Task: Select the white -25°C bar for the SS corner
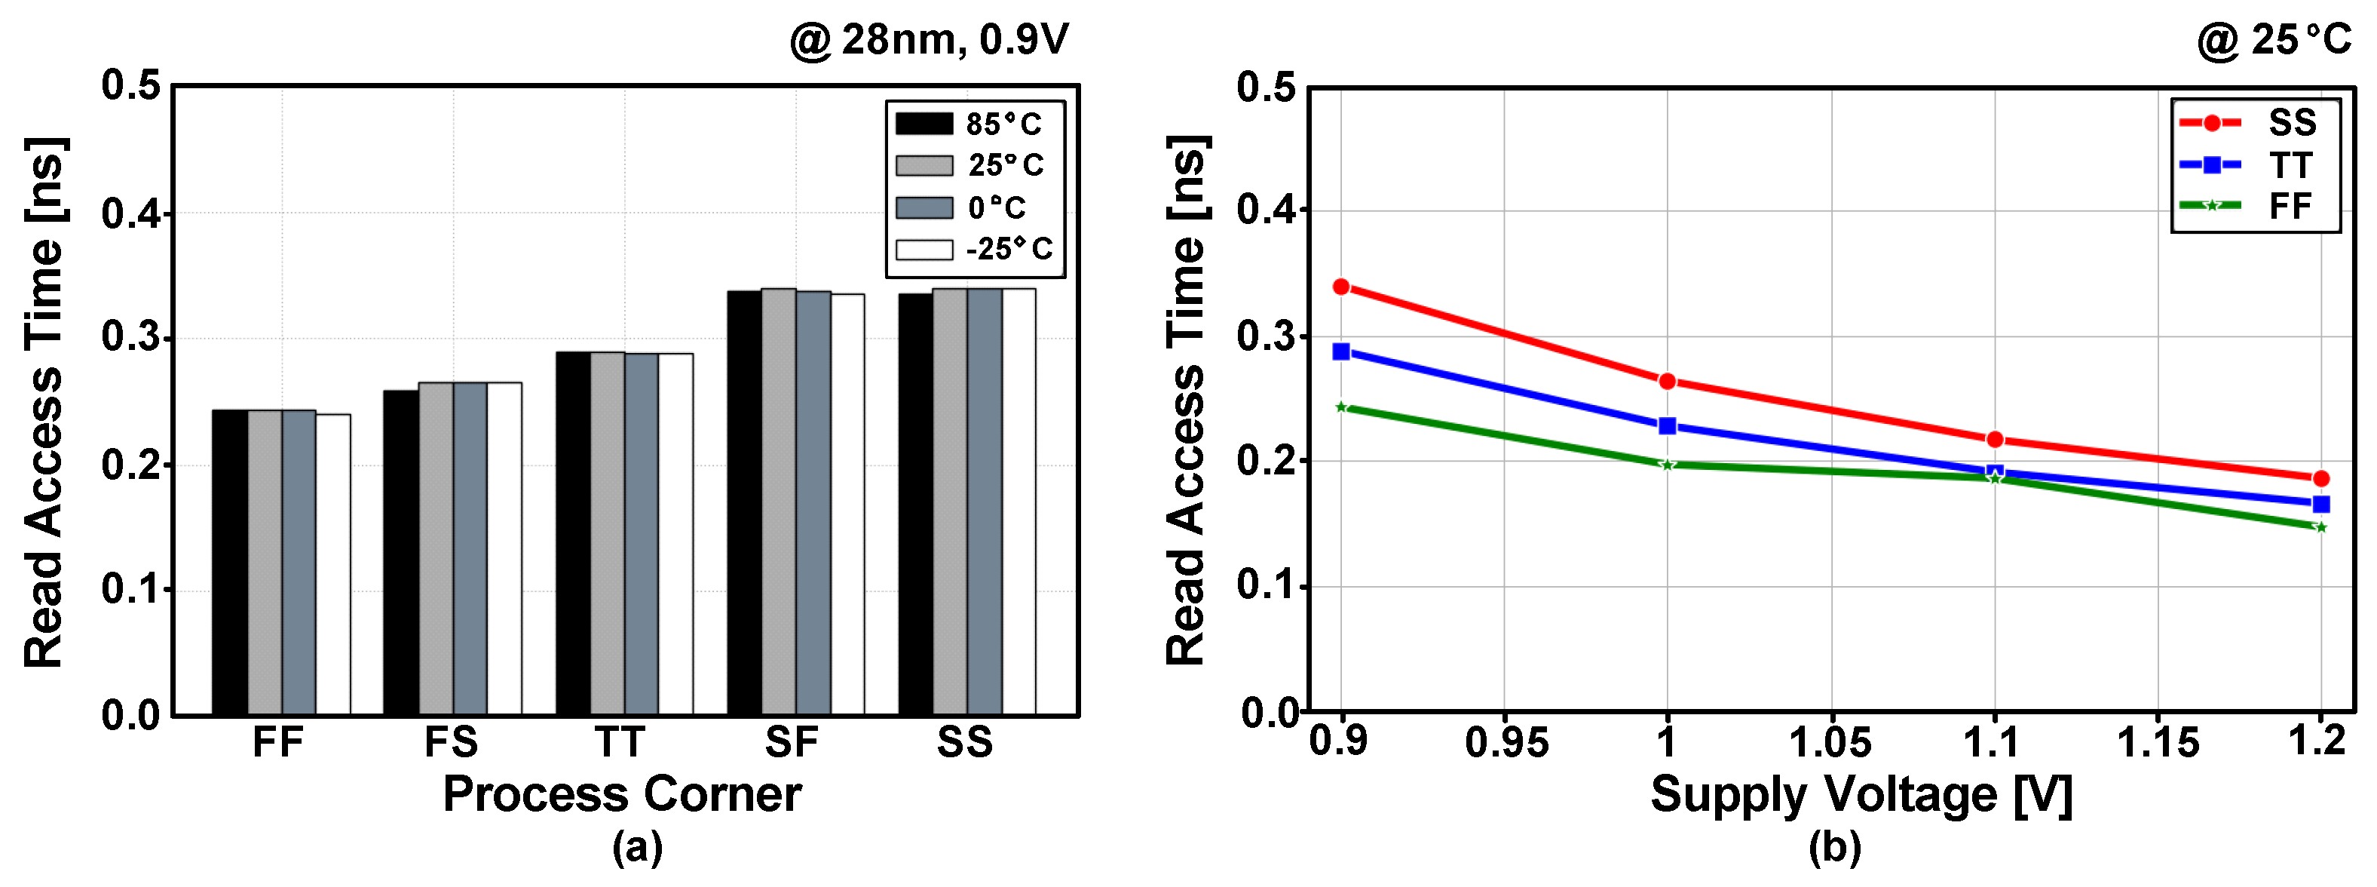point(1018,502)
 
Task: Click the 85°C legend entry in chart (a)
point(969,124)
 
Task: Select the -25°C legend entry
point(973,249)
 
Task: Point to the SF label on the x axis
point(792,743)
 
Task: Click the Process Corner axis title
point(622,793)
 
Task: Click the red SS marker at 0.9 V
point(1340,287)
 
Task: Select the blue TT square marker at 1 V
point(1668,426)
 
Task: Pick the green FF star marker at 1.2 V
point(2320,527)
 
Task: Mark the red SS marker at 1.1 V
point(1995,439)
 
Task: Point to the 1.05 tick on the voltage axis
point(1830,743)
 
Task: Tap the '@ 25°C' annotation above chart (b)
point(2274,41)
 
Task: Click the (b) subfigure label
point(1834,847)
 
